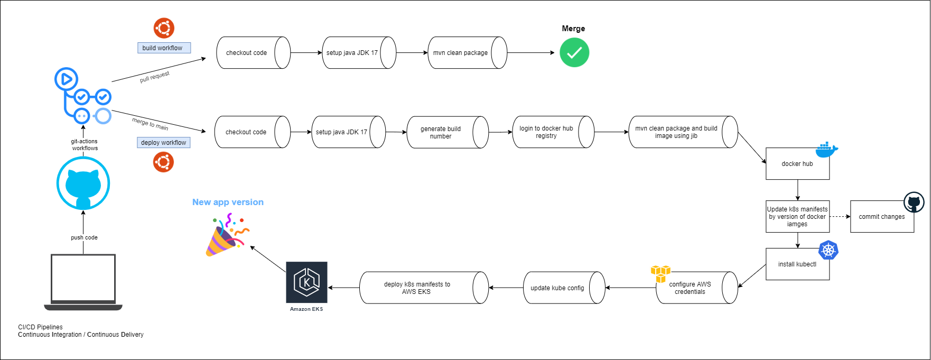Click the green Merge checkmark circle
coord(574,53)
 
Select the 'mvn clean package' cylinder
coord(461,53)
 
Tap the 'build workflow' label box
coord(163,48)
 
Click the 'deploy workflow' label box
coord(163,143)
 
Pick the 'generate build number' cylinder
coord(441,132)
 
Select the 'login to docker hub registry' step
coord(547,132)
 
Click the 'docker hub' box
coord(797,164)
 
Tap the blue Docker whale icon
coord(826,150)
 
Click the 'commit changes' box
coord(881,217)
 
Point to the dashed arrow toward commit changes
coord(840,217)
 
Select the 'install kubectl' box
coord(797,264)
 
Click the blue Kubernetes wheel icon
coord(828,250)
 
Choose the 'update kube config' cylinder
coord(557,288)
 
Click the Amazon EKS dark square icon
coord(306,282)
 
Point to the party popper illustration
coord(227,236)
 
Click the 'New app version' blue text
coord(228,202)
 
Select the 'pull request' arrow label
coord(154,77)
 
